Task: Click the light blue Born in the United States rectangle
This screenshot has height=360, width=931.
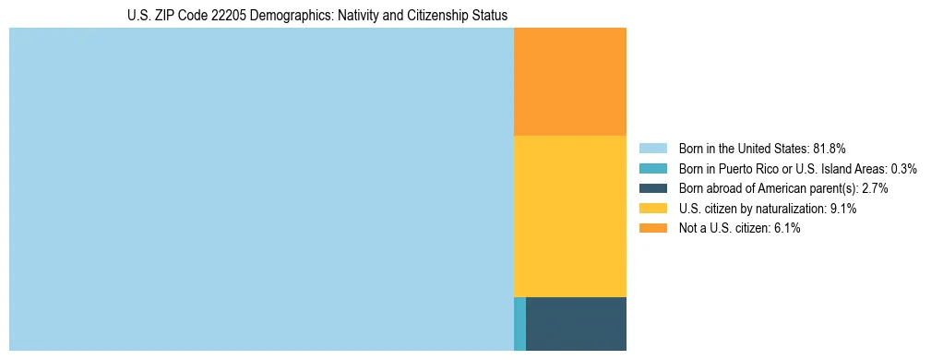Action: coord(261,189)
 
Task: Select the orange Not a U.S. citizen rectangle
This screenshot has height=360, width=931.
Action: coord(569,82)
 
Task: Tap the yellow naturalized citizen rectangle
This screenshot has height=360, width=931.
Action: coord(569,216)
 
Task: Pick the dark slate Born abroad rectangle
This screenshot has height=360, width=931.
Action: coord(576,323)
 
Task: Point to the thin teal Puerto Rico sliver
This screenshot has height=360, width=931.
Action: coord(519,323)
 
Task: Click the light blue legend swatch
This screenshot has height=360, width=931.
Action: coord(652,148)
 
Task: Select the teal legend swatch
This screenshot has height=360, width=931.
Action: coord(652,168)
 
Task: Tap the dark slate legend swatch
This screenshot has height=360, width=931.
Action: coord(652,188)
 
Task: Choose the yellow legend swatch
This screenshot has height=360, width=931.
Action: coord(652,209)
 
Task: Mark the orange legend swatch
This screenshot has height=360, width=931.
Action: coord(652,228)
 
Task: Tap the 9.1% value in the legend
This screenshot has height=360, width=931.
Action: coord(843,209)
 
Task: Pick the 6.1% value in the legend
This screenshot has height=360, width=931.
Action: coord(786,228)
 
